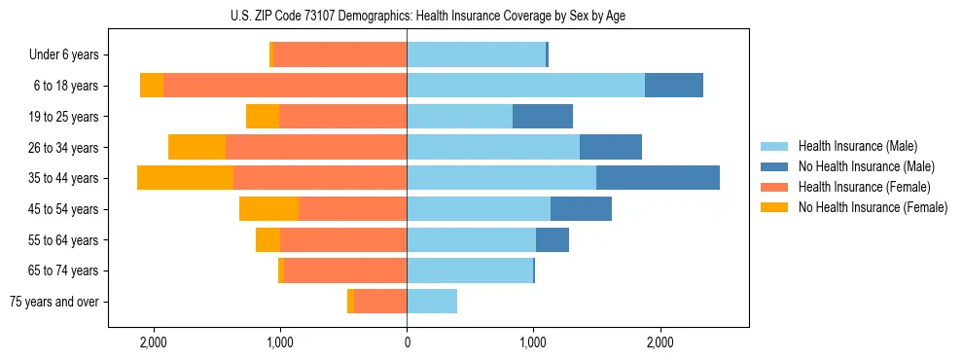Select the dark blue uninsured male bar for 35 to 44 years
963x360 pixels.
pos(658,178)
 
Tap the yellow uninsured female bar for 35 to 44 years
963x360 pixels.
pos(185,178)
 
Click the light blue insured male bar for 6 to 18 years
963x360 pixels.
pos(525,86)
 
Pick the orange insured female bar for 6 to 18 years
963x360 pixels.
pos(285,86)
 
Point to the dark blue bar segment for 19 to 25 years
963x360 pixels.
pos(543,117)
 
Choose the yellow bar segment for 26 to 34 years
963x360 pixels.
pos(196,147)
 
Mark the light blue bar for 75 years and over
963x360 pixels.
pos(432,302)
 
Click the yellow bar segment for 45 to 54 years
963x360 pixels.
pos(268,209)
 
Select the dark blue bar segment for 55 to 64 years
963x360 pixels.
pos(553,239)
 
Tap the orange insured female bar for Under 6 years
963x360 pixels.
pos(339,54)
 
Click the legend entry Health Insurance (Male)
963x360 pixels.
pos(856,146)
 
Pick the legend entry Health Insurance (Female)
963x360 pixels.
pos(864,187)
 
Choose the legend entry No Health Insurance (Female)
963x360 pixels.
pos(873,207)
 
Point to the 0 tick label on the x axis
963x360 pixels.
pos(407,342)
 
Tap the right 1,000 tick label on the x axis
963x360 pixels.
pos(533,342)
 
